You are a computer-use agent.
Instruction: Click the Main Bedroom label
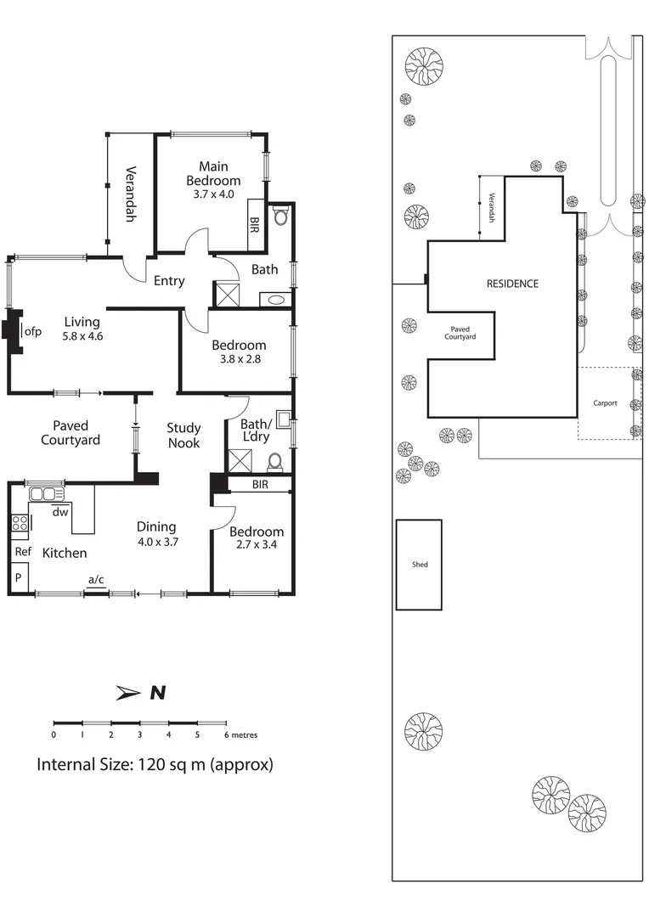213,173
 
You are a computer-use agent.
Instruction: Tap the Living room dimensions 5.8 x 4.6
81,336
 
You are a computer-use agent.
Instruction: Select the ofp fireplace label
33,331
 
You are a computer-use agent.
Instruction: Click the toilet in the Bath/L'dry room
275,461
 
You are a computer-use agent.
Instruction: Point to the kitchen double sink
47,494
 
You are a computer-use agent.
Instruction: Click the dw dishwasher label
60,512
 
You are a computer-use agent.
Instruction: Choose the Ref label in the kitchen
22,552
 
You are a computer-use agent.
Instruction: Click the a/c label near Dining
97,580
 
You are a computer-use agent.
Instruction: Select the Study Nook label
183,435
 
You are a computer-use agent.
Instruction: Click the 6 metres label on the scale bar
241,734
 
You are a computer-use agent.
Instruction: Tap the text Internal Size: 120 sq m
154,764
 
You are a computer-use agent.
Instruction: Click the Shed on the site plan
419,565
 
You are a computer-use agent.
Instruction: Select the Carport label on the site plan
605,403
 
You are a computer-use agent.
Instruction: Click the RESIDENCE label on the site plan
511,284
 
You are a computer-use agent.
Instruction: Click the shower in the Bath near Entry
228,295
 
